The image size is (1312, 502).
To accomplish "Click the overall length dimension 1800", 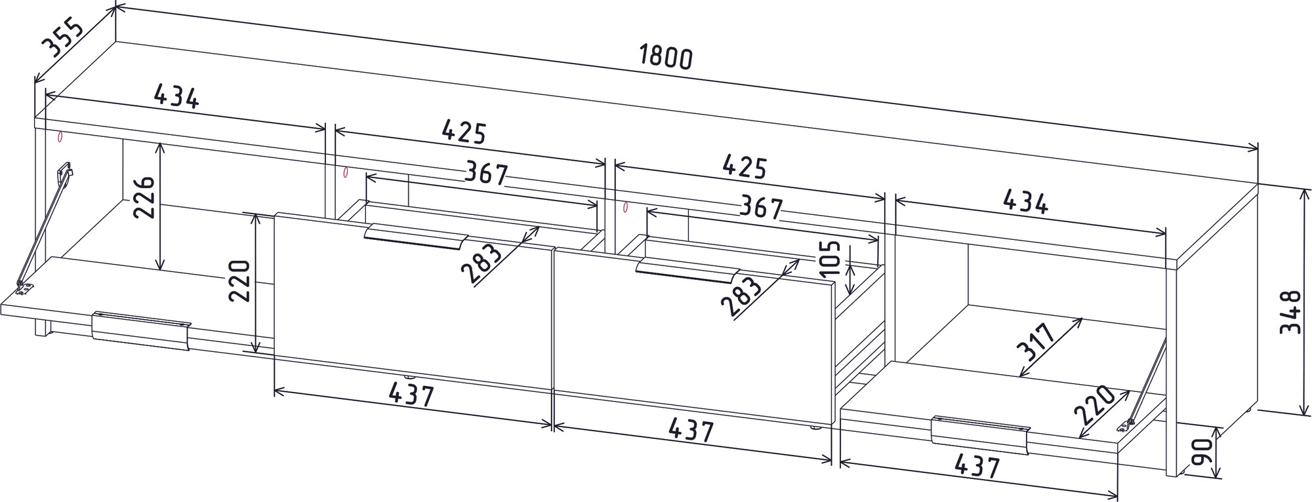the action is (x=666, y=58).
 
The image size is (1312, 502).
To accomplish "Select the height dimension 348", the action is (x=1290, y=312).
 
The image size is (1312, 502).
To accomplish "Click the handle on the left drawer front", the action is (x=415, y=237).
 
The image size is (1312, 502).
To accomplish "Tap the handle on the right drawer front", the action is (x=687, y=270).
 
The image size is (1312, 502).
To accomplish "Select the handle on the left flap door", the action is (x=141, y=331).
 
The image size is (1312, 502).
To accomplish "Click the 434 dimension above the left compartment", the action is (x=176, y=97).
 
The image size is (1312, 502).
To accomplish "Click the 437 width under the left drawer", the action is (x=411, y=395).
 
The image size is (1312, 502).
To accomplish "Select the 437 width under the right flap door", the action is (x=977, y=466).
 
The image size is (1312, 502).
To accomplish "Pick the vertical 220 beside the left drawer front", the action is (x=239, y=280).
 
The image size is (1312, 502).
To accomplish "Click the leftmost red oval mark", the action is (x=60, y=138).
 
